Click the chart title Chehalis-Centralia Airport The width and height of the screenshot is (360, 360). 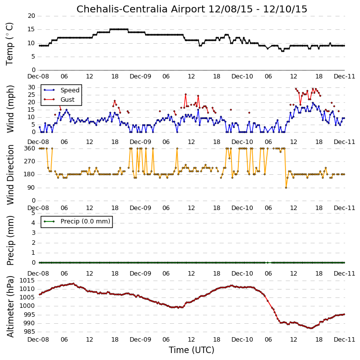141,9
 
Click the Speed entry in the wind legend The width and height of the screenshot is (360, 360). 70,90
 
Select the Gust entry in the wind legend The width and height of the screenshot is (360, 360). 68,100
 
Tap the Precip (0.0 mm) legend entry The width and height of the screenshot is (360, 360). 85,221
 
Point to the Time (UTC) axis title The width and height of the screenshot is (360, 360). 192,350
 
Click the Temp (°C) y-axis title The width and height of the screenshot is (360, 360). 9,44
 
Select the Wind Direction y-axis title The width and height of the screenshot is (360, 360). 10,175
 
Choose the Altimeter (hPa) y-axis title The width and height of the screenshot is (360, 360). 10,307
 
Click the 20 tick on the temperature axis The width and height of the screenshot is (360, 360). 31,16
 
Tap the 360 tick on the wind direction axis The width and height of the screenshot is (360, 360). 30,148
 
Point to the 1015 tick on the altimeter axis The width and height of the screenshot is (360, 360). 27,281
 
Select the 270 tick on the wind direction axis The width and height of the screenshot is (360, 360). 30,161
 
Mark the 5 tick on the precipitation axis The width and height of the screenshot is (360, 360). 34,213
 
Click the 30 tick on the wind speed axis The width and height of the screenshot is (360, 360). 31,87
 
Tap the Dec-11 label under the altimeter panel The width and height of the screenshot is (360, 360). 344,339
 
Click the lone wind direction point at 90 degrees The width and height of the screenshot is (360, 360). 286,188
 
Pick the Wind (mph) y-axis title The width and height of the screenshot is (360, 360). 10,109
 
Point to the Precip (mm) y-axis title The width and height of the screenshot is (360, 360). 10,241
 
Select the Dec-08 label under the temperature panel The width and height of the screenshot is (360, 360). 38,76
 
